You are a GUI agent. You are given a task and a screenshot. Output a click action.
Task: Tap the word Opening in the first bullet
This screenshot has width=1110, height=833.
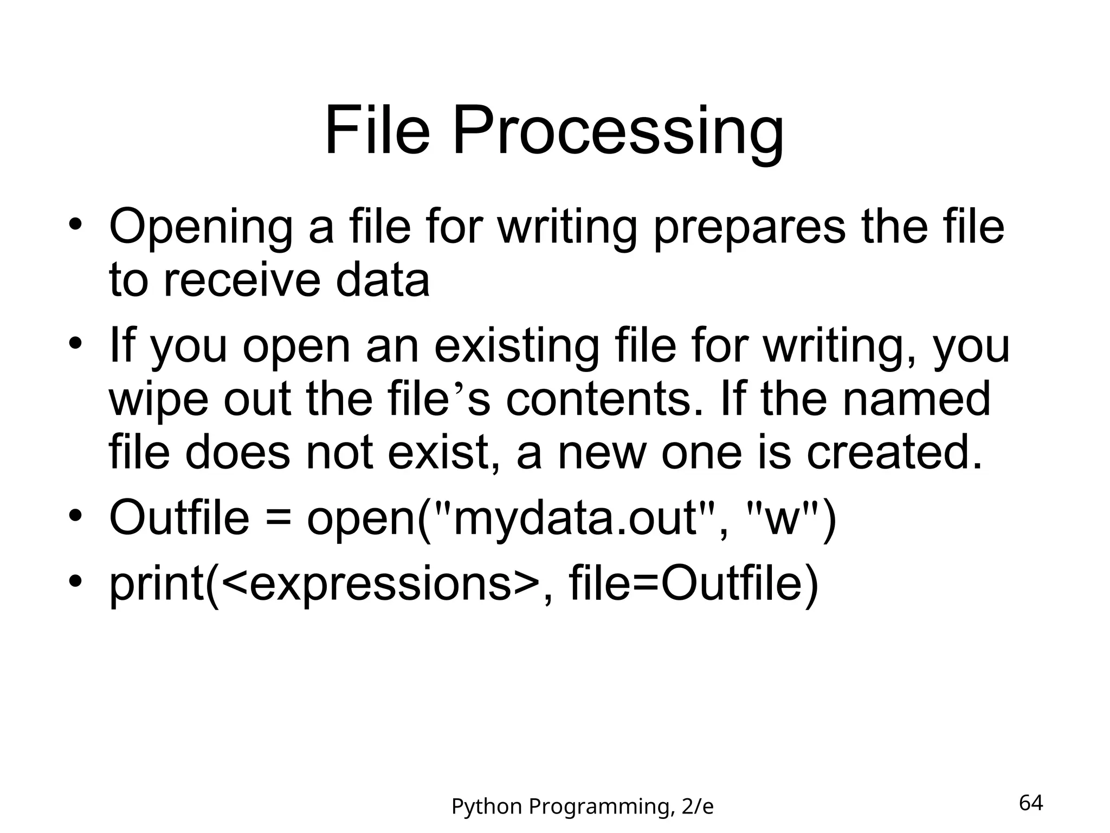(201, 228)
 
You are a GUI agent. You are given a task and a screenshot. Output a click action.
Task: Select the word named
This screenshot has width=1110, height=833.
(916, 399)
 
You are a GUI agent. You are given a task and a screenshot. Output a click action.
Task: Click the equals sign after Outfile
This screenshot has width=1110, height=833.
(277, 518)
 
